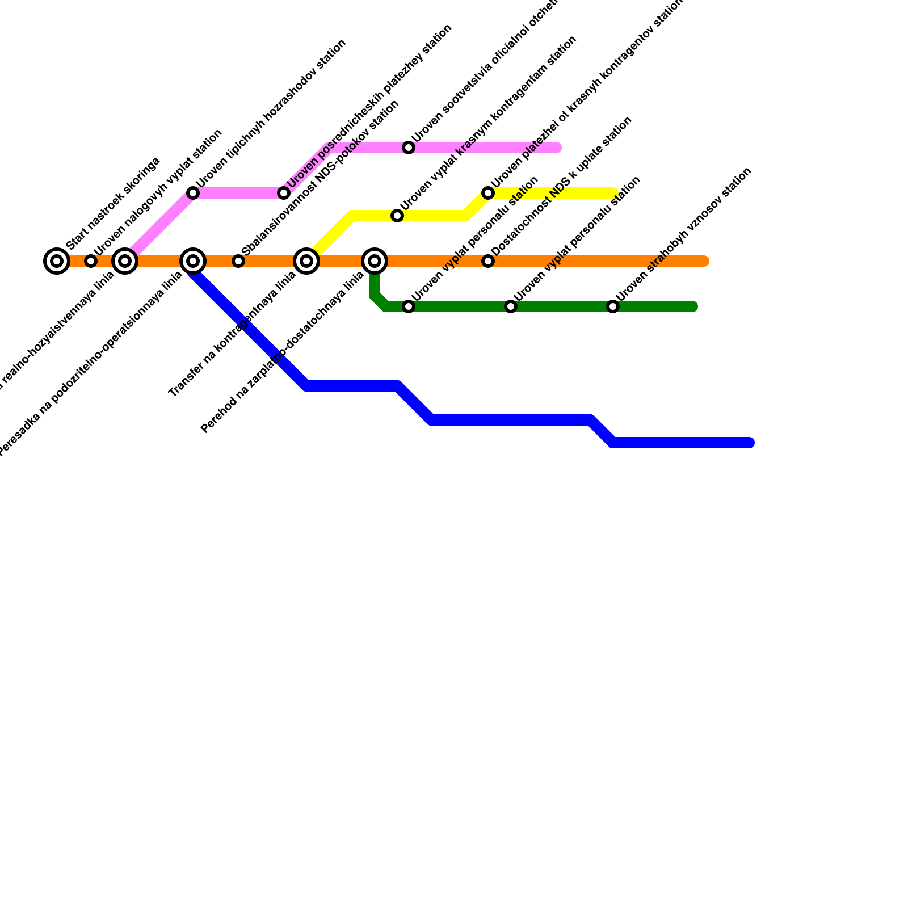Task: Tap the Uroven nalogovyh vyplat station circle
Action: [x=91, y=261]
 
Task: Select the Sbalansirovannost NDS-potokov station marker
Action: [x=238, y=261]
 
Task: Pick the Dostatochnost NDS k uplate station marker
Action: [x=488, y=261]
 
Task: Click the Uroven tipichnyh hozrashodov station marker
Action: [x=193, y=193]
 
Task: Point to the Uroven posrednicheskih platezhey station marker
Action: [x=284, y=193]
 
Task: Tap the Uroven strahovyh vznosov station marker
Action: [x=613, y=306]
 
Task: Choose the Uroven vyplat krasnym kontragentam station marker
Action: [x=397, y=216]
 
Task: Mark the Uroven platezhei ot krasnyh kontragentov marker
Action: [x=488, y=193]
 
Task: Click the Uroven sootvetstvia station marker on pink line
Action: [x=409, y=148]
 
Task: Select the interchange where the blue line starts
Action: [x=193, y=261]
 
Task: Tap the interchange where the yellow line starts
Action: [x=306, y=261]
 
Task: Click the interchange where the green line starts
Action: [x=375, y=261]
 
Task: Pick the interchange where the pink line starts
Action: [x=125, y=261]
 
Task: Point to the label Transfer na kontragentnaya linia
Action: [x=232, y=335]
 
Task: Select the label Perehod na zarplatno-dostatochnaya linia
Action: [x=282, y=353]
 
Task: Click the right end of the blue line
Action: [x=750, y=443]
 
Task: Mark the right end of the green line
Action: [x=693, y=306]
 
